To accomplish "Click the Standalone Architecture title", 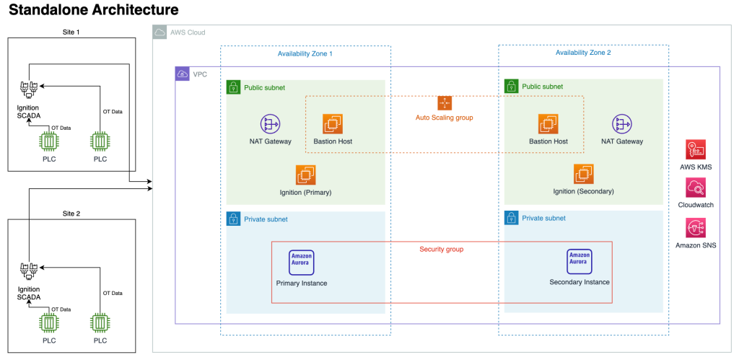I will (x=93, y=11).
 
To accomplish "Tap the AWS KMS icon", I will (x=696, y=149).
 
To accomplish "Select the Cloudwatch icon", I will (x=696, y=188).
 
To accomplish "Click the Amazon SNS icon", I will (x=696, y=228).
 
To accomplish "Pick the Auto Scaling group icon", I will (x=444, y=103).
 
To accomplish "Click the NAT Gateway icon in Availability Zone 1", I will (x=271, y=124).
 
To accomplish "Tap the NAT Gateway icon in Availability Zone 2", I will (x=621, y=124).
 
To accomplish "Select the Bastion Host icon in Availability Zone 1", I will (x=333, y=124).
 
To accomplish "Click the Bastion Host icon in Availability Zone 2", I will (x=548, y=124).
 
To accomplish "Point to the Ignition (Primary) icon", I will (x=305, y=175).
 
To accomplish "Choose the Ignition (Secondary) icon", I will (x=583, y=174).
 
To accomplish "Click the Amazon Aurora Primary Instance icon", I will (x=301, y=262).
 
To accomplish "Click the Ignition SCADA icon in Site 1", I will (x=29, y=89).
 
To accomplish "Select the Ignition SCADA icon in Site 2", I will (x=29, y=271).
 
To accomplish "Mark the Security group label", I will (x=441, y=249).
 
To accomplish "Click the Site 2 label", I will (x=68, y=214).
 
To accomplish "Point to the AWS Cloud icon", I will (x=159, y=33).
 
